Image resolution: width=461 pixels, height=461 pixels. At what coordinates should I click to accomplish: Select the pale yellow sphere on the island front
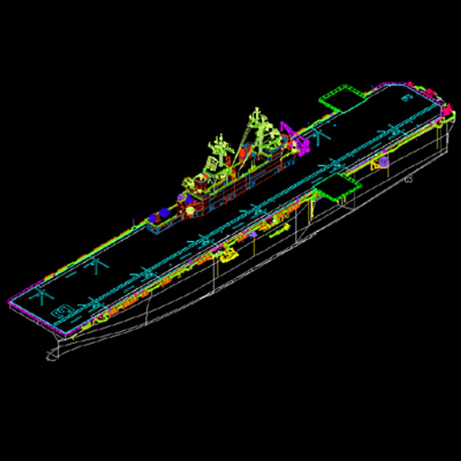[190, 210]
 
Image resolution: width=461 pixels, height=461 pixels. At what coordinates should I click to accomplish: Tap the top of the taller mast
[256, 112]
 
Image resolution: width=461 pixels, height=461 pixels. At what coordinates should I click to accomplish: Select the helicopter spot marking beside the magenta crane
[318, 136]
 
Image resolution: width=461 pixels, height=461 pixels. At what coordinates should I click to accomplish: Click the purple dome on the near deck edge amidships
[253, 233]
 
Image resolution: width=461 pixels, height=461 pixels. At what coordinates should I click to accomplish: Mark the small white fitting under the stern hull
[408, 179]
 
